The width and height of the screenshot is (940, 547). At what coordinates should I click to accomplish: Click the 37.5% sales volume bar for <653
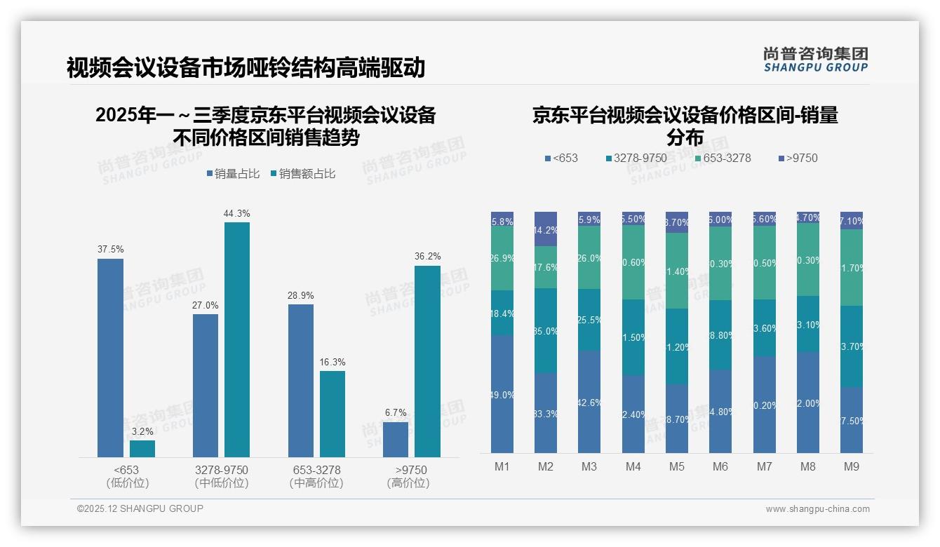pyautogui.click(x=110, y=358)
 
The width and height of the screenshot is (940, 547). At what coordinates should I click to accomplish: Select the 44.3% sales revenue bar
pyautogui.click(x=237, y=339)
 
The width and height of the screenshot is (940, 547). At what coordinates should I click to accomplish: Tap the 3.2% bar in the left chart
pyautogui.click(x=142, y=449)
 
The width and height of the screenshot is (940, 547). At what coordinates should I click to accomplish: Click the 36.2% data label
pyautogui.click(x=427, y=257)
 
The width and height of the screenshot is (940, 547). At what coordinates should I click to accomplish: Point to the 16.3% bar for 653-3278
pyautogui.click(x=333, y=414)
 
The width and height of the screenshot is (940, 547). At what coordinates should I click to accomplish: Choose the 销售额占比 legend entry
pyautogui.click(x=302, y=174)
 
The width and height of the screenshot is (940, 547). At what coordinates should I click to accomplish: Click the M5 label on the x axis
pyautogui.click(x=676, y=466)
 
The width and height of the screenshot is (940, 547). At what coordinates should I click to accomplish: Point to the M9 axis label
pyautogui.click(x=851, y=466)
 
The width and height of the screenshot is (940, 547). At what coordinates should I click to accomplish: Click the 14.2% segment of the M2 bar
pyautogui.click(x=546, y=229)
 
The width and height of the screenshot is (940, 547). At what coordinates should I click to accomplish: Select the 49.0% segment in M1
pyautogui.click(x=502, y=393)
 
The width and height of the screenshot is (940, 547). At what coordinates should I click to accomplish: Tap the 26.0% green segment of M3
pyautogui.click(x=589, y=257)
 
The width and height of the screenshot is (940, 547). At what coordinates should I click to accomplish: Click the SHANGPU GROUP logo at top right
pyautogui.click(x=816, y=60)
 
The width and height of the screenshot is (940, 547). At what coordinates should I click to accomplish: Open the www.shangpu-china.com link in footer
pyautogui.click(x=817, y=509)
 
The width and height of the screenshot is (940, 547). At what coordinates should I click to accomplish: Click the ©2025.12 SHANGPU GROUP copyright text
pyautogui.click(x=140, y=508)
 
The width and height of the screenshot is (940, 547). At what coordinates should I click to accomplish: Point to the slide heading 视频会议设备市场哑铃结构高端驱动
pyautogui.click(x=246, y=68)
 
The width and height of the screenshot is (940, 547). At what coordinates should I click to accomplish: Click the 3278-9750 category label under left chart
pyautogui.click(x=222, y=476)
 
